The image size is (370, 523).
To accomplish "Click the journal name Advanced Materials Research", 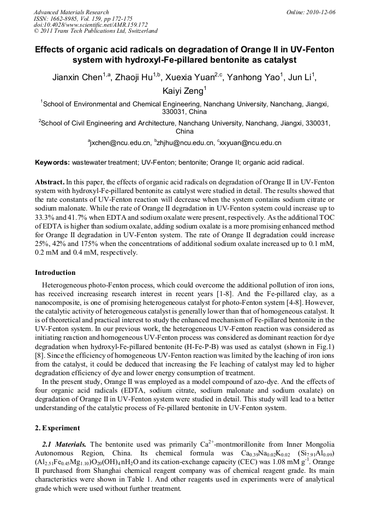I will pos(71,12).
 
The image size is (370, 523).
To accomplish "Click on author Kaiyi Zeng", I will pos(183,91).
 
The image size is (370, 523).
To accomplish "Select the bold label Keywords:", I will pos(52,163).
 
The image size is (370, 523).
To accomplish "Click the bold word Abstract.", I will pos(50,181).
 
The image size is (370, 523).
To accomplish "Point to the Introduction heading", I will pos(55,272).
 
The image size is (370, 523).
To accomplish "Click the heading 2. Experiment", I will pos(57,428).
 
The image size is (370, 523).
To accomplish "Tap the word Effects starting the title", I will pos(51,50).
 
